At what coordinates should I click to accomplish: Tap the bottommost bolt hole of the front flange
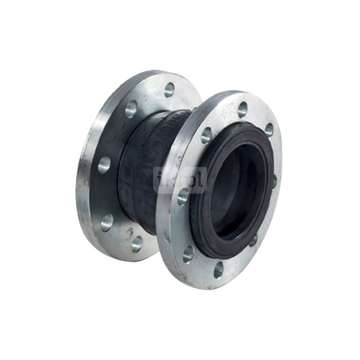click(x=218, y=270)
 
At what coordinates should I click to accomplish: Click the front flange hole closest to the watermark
click(x=183, y=195)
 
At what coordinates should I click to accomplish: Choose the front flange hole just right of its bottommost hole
click(x=253, y=240)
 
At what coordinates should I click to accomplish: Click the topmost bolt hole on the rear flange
click(x=169, y=89)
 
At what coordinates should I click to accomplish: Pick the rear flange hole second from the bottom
click(x=106, y=220)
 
